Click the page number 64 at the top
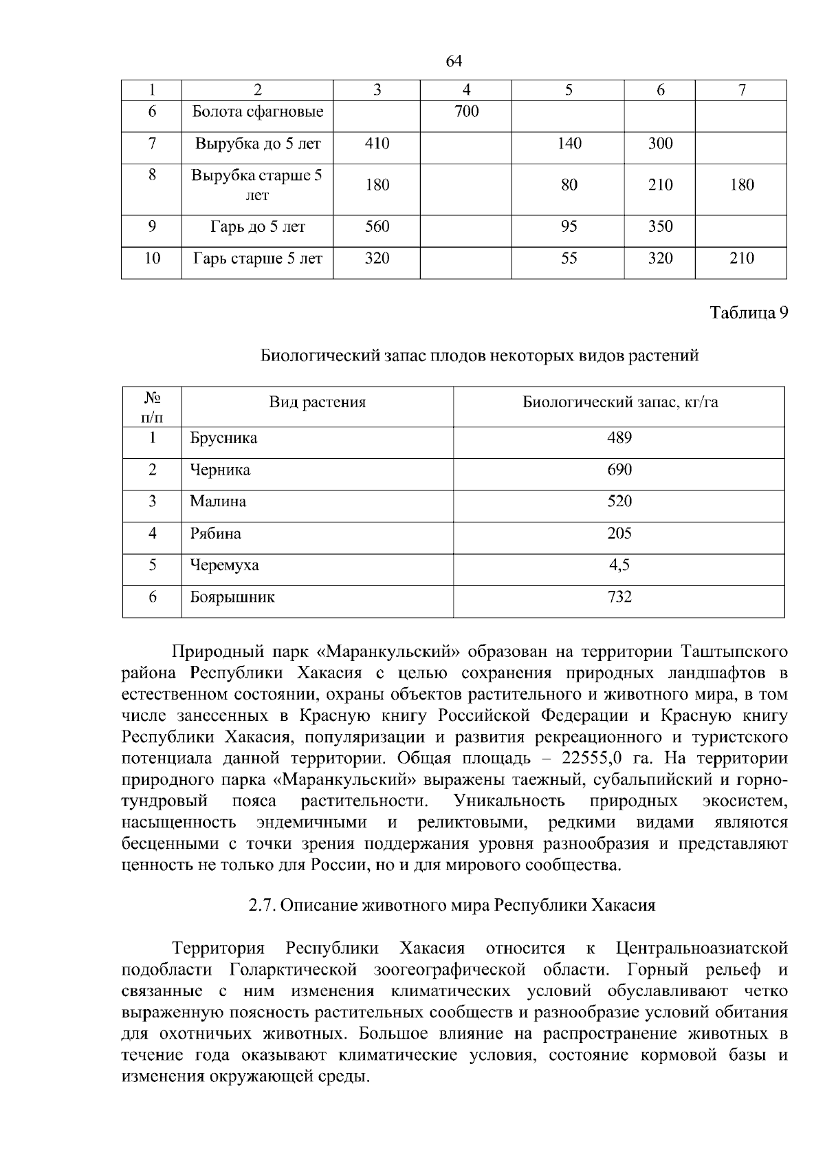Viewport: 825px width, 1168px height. pos(454,61)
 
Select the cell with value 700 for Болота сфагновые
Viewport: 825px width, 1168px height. pos(466,111)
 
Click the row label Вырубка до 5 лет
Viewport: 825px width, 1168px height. pos(257,144)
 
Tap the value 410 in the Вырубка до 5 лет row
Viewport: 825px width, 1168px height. pos(377,144)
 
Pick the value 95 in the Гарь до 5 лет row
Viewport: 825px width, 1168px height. pos(569,227)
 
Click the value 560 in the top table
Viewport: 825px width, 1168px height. pos(377,227)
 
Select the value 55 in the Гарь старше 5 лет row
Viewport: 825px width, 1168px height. pos(569,259)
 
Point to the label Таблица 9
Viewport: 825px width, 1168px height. pos(748,313)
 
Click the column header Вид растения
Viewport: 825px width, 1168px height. pos(317,402)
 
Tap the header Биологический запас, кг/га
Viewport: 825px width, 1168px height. pos(620,402)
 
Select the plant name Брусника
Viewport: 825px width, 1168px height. pos(223,438)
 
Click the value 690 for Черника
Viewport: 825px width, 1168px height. pos(619,470)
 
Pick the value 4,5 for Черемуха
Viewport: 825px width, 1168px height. pos(619,565)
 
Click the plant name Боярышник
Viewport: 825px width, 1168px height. pos(232,597)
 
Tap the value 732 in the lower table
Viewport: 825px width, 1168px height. pos(619,597)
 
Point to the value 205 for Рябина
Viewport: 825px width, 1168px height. pos(619,534)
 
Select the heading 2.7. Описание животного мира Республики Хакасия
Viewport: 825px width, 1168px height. pos(452,905)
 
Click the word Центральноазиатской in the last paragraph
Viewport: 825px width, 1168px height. pos(701,949)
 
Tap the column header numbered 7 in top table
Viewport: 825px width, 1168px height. pos(741,90)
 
